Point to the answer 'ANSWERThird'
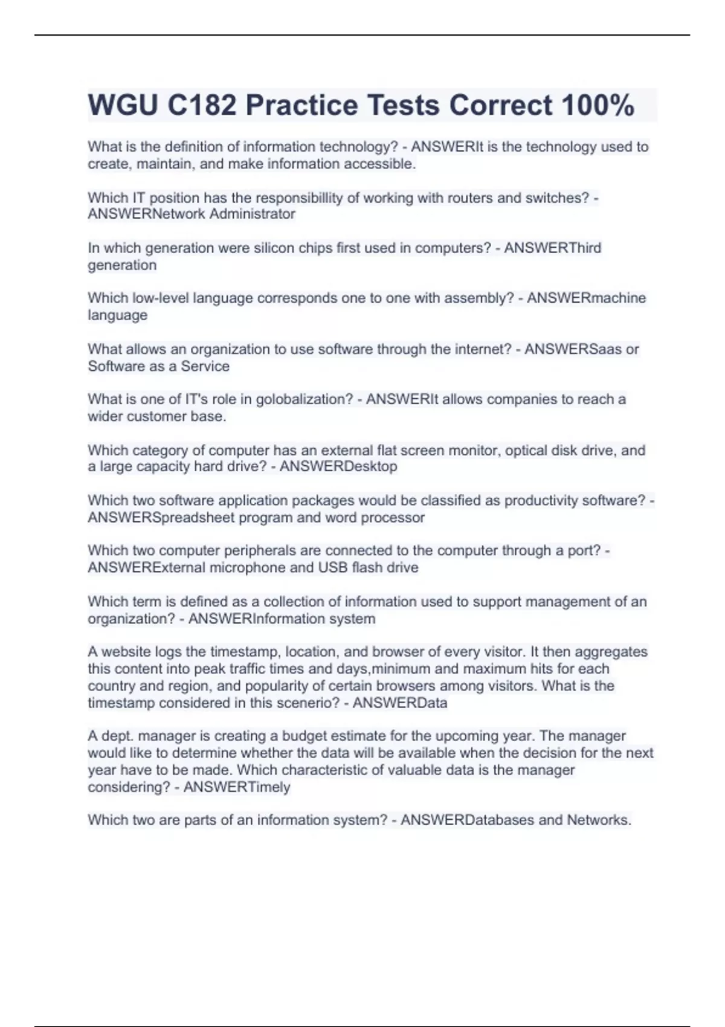552,248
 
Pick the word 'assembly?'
483,298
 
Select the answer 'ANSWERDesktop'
338,466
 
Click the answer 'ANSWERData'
400,703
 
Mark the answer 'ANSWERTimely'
237,787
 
